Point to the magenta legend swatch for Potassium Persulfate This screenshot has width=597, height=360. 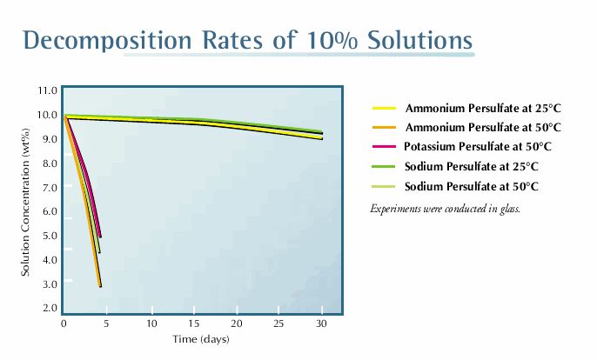pos(384,148)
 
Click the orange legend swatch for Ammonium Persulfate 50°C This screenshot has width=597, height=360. pos(384,128)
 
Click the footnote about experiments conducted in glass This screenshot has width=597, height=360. pos(445,209)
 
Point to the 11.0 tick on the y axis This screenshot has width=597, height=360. pos(48,90)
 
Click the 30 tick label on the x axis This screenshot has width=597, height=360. pos(322,324)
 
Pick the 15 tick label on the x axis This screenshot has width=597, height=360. pos(194,324)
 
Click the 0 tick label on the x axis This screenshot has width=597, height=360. pos(64,324)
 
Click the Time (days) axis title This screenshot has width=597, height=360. pos(200,339)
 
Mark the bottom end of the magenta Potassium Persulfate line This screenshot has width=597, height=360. pos(101,236)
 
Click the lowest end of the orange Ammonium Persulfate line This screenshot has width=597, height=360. pos(101,285)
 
